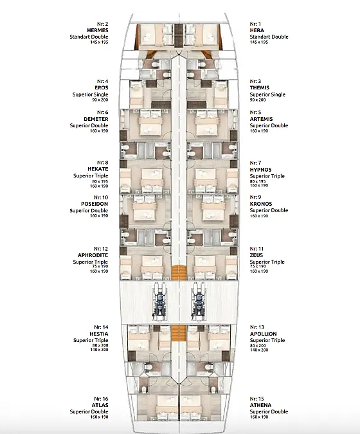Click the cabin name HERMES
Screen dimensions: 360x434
pyautogui.click(x=98, y=30)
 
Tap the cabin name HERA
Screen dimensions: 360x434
pyautogui.click(x=256, y=30)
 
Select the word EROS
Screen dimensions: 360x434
pyautogui.click(x=102, y=87)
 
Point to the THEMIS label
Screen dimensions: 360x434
pyautogui.click(x=259, y=87)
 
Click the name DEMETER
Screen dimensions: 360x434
pyautogui.click(x=96, y=119)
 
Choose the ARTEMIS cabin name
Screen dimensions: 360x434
pyautogui.click(x=261, y=119)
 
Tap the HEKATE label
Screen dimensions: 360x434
pyautogui.click(x=98, y=169)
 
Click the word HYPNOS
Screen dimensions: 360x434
pyautogui.click(x=260, y=169)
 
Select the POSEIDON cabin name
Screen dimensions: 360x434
pyautogui.click(x=94, y=204)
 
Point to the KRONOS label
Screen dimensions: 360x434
pyautogui.click(x=261, y=204)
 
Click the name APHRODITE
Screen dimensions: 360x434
pyautogui.click(x=93, y=255)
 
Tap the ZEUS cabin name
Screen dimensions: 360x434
pyautogui.click(x=256, y=255)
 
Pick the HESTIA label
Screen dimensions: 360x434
pyautogui.click(x=99, y=334)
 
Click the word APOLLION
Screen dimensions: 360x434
pyautogui.click(x=263, y=334)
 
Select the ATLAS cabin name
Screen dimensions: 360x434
pyautogui.click(x=100, y=405)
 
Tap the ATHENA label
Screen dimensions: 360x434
pyautogui.click(x=260, y=405)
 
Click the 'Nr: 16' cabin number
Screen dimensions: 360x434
pyautogui.click(x=101, y=399)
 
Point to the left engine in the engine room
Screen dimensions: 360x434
pyautogui.click(x=159, y=302)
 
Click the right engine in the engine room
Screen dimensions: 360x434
pyautogui.click(x=199, y=302)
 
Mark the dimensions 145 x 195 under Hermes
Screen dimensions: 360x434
pyautogui.click(x=99, y=42)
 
